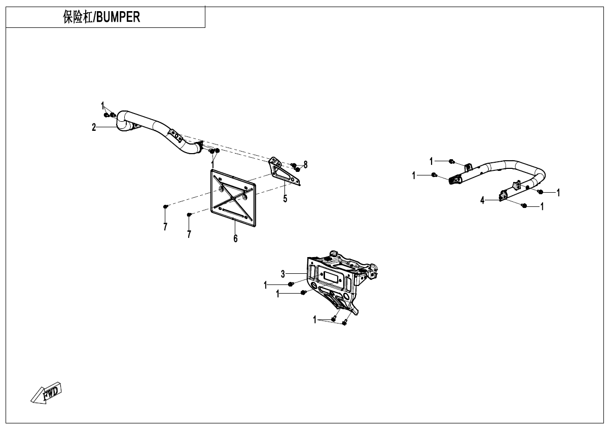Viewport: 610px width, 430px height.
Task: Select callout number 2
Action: pyautogui.click(x=94, y=127)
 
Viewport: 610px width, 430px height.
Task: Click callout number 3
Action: pyautogui.click(x=283, y=274)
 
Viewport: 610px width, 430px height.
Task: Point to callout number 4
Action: pyautogui.click(x=483, y=201)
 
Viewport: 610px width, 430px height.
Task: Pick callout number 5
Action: pyautogui.click(x=285, y=198)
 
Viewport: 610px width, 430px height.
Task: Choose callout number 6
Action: pyautogui.click(x=235, y=238)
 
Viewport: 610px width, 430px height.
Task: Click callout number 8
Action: pyautogui.click(x=305, y=164)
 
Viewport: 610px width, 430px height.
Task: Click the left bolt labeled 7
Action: pyautogui.click(x=166, y=206)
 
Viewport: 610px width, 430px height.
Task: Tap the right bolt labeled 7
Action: pyautogui.click(x=189, y=215)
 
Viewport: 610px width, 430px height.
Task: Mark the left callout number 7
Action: pyautogui.click(x=165, y=227)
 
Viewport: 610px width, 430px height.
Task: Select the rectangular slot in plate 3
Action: pyautogui.click(x=333, y=277)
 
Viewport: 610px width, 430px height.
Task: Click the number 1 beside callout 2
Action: pyautogui.click(x=103, y=106)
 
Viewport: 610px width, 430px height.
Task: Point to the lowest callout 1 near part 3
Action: pyautogui.click(x=315, y=320)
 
